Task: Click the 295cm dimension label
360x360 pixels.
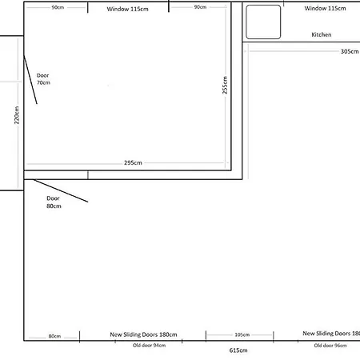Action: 133,162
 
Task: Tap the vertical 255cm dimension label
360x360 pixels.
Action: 225,85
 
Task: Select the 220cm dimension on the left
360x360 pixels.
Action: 17,115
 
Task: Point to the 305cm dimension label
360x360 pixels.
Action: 350,51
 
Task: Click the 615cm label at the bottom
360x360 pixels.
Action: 238,350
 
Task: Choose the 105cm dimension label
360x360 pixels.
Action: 242,334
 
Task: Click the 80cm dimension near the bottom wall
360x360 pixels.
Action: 54,336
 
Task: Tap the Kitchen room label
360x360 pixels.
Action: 322,34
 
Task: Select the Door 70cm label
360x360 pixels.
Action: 43,79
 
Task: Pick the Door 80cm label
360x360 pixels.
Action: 54,202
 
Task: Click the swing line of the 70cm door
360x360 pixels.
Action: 30,79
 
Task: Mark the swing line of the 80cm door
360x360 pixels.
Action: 61,191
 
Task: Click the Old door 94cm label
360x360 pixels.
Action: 149,346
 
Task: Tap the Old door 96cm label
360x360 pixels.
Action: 330,346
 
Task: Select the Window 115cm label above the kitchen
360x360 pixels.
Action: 325,8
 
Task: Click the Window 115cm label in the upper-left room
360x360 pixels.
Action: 127,9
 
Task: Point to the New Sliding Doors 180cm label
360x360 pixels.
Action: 143,334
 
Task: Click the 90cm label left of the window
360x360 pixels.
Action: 58,7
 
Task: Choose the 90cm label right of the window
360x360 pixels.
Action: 200,7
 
